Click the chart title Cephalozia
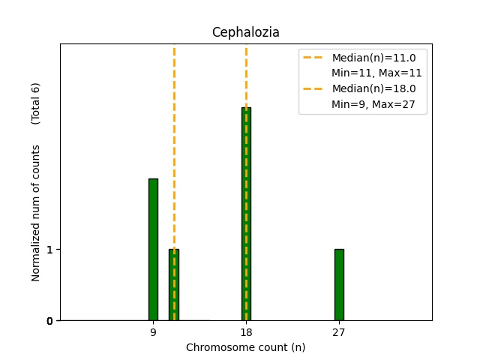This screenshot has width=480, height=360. [245, 32]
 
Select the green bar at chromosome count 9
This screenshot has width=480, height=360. [153, 249]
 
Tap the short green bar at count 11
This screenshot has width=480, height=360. [174, 285]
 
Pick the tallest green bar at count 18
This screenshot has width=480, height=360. [246, 214]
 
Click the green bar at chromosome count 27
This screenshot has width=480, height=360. [339, 285]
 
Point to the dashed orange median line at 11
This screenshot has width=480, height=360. [174, 150]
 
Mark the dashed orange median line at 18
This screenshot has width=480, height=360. [246, 75]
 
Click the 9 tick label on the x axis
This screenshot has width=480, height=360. [153, 332]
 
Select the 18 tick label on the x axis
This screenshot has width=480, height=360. [246, 332]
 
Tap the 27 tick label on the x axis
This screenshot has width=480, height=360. [339, 332]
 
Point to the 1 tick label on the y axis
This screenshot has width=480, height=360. [49, 250]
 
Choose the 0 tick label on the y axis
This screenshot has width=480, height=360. [49, 321]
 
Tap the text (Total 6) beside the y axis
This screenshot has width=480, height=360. [35, 103]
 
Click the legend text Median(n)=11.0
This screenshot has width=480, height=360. [373, 57]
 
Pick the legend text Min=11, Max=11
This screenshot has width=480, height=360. [376, 73]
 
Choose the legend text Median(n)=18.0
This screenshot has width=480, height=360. [373, 88]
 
